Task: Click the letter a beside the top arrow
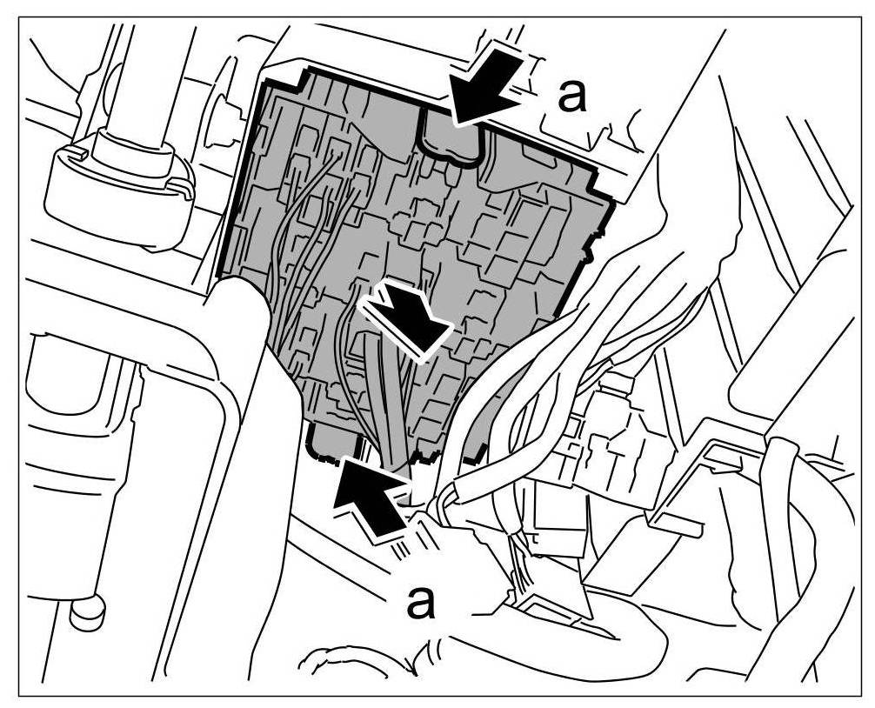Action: point(571,97)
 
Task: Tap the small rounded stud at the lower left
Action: point(86,611)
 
